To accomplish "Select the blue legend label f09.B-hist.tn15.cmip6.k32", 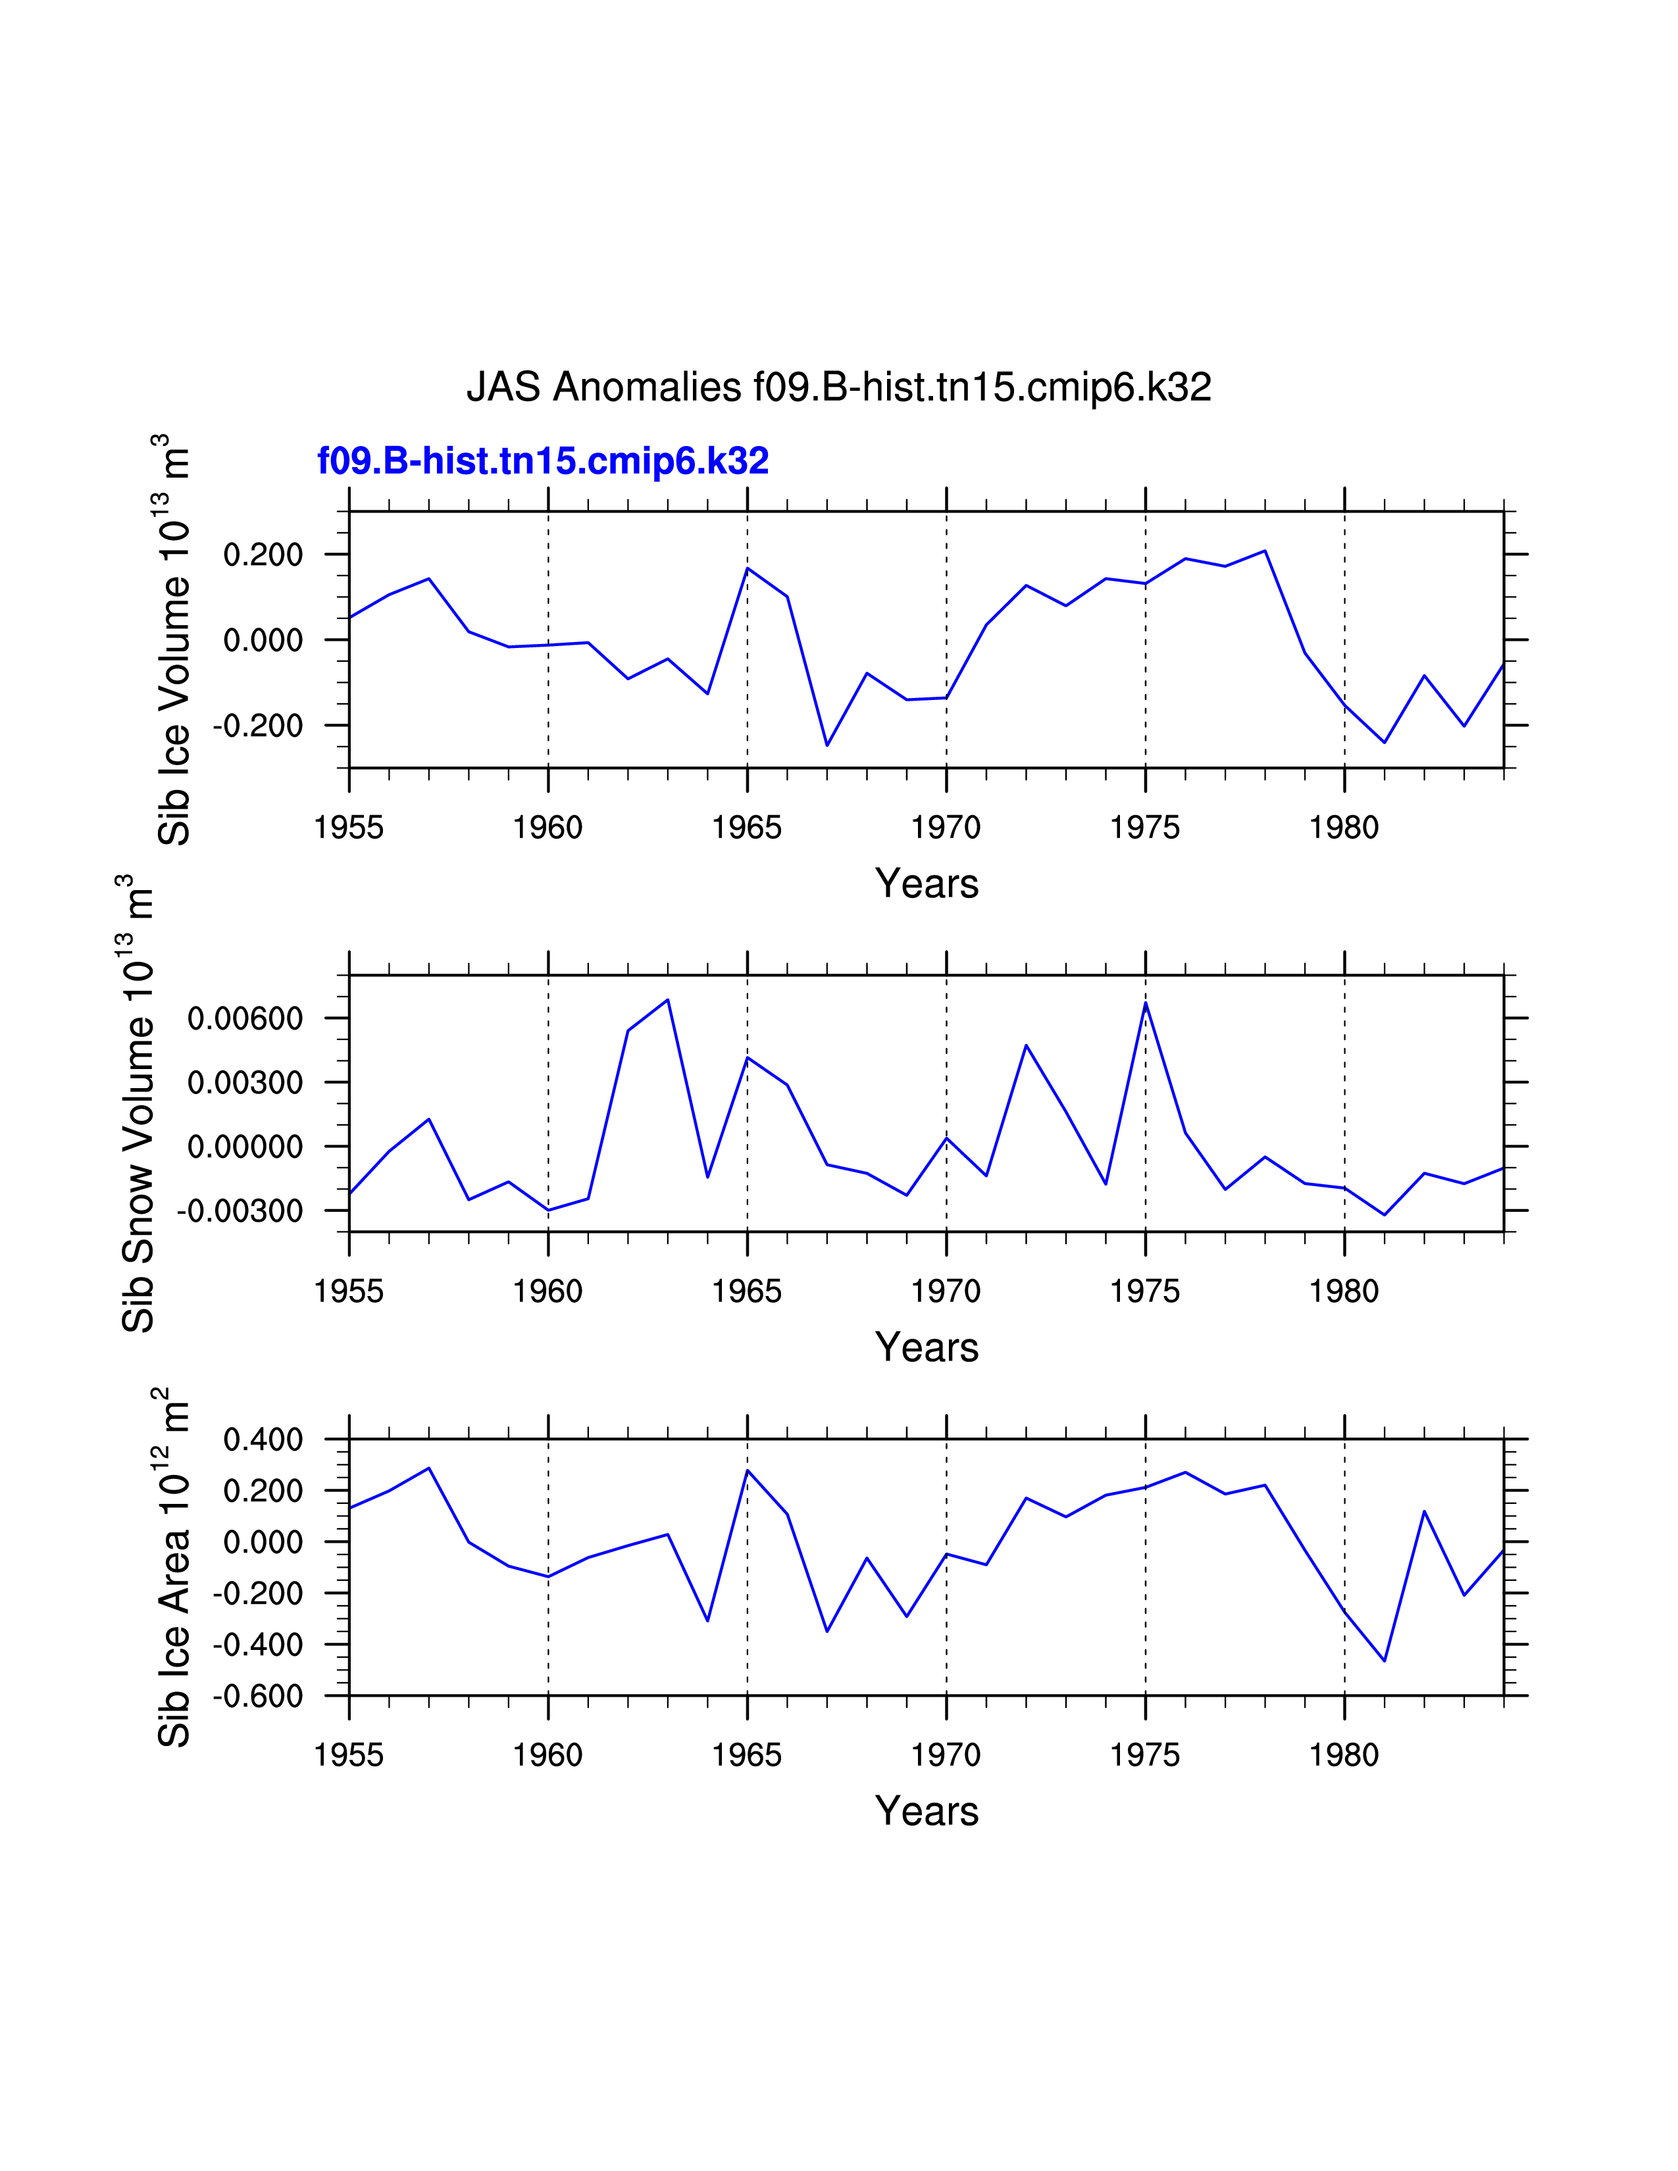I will coord(543,461).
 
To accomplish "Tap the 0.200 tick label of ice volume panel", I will coord(263,555).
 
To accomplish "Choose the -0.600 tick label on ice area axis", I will coord(257,1697).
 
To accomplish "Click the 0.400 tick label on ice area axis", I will coord(263,1439).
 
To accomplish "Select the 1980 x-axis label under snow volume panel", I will coord(1344,1292).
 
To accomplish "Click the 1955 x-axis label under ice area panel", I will coord(349,1755).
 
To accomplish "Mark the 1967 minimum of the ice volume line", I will coord(827,745).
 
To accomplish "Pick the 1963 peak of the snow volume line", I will coord(668,999).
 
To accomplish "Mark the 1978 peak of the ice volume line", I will coord(1265,551).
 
